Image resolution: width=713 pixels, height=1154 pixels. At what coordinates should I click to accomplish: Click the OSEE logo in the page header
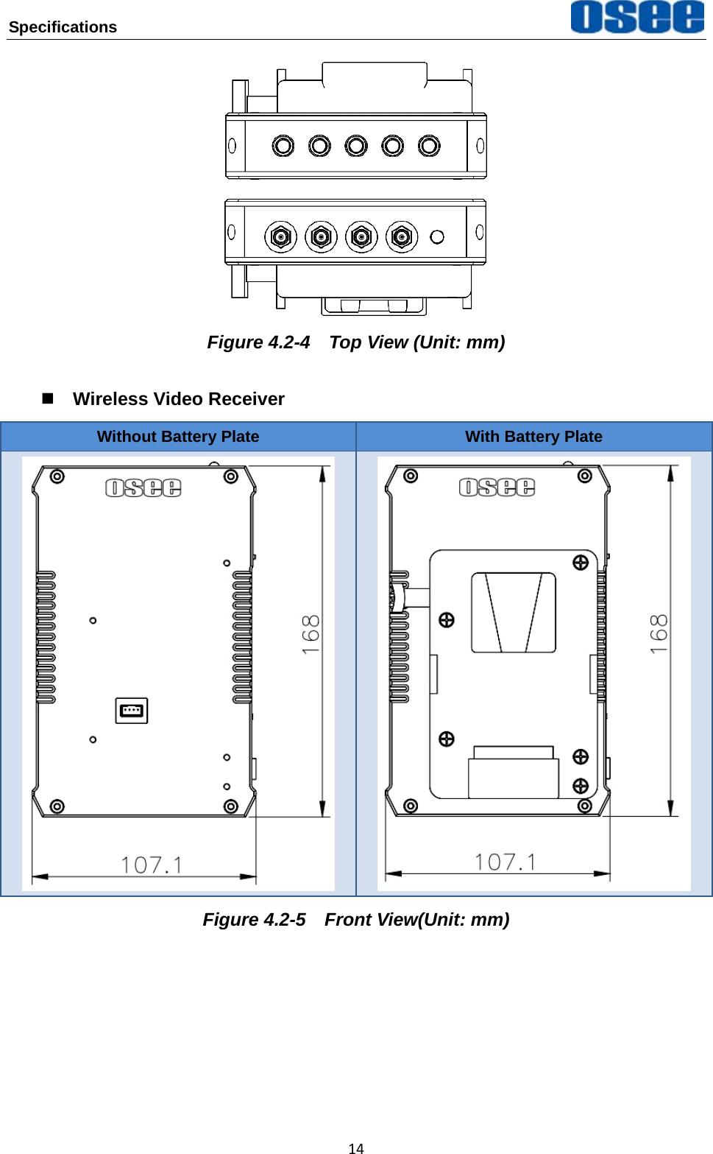point(637,17)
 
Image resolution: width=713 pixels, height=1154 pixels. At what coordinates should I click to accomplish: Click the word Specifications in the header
point(63,27)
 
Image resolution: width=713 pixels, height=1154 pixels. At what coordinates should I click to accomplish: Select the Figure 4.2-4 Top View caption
point(356,342)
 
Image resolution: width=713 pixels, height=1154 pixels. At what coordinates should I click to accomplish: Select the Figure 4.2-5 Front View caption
point(356,920)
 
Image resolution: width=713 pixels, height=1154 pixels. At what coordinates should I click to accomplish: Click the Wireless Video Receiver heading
point(178,399)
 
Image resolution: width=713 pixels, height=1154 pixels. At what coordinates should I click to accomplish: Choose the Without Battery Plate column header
point(178,437)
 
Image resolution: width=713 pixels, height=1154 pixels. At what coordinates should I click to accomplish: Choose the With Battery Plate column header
point(533,437)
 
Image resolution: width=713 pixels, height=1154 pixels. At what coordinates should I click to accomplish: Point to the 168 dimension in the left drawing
point(311,634)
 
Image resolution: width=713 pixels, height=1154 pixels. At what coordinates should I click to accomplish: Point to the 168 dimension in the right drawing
point(659,634)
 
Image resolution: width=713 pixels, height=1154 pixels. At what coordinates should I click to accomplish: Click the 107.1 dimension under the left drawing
point(152,865)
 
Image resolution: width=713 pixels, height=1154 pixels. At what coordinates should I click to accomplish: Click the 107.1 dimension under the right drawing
point(506,862)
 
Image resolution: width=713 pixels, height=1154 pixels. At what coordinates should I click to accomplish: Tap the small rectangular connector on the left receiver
point(132,711)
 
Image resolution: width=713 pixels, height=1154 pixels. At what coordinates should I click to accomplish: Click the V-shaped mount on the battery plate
point(514,613)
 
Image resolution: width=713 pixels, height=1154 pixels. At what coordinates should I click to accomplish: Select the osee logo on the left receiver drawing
point(143,488)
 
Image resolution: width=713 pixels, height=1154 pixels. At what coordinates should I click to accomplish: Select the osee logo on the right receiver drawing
point(497,487)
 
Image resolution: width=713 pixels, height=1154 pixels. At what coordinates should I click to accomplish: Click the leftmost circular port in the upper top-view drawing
point(283,146)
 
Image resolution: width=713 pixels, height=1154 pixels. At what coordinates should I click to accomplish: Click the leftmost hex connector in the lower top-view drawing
point(280,237)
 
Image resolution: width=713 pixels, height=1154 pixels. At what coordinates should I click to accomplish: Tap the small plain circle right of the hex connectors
point(437,237)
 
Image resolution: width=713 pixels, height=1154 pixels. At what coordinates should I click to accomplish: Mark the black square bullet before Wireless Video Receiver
point(48,398)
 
